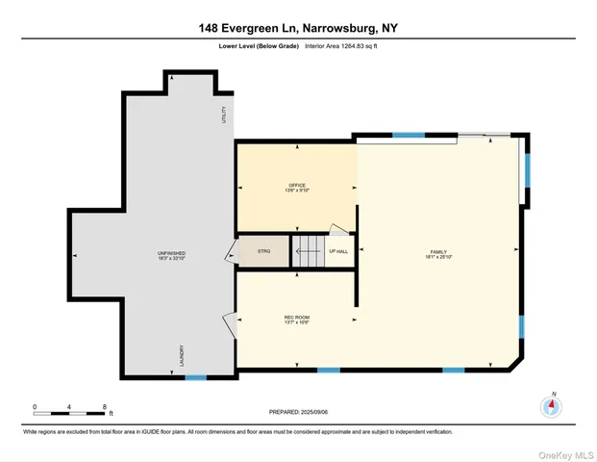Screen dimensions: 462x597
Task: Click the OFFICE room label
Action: [296, 187]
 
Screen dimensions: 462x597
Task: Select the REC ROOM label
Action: [296, 318]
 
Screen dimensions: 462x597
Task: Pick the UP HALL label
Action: [338, 251]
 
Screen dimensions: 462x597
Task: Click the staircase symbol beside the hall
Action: [309, 252]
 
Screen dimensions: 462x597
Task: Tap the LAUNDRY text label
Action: [181, 356]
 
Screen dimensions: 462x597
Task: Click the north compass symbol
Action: [551, 405]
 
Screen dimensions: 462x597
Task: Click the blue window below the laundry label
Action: [195, 377]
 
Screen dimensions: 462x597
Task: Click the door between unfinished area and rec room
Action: [229, 325]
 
